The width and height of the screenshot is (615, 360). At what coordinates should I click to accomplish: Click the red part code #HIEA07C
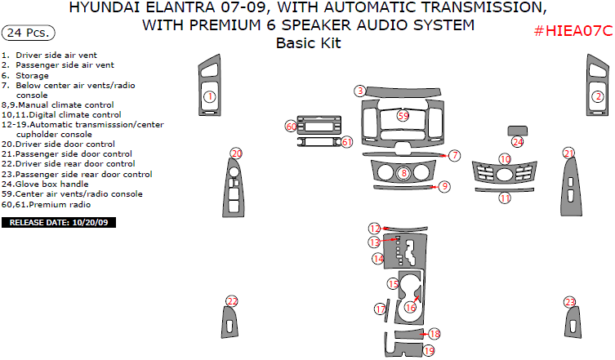573,31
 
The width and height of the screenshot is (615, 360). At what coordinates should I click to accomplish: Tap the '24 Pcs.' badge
30,33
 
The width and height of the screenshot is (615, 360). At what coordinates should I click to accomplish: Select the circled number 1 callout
209,97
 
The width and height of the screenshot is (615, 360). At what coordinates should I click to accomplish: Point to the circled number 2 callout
597,97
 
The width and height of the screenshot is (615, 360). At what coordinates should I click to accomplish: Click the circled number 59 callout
403,116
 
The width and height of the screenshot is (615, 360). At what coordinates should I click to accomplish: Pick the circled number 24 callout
518,141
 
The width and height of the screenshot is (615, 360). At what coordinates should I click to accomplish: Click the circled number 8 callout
403,172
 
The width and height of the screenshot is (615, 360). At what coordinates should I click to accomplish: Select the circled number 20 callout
236,153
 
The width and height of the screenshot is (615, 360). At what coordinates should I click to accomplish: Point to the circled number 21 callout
568,153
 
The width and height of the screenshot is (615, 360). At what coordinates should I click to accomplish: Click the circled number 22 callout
232,302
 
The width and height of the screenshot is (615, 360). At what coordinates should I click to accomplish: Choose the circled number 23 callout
569,302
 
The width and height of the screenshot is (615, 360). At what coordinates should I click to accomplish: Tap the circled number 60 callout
291,127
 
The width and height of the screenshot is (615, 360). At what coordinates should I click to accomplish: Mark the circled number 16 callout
410,307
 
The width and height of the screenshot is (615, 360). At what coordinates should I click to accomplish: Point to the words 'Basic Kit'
308,43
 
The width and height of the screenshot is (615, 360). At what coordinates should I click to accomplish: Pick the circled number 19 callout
429,350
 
